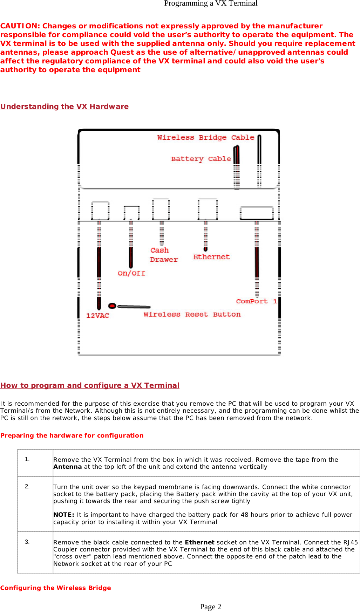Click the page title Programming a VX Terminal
(x=211, y=4)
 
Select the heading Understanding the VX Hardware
(x=64, y=107)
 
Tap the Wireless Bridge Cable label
(x=206, y=138)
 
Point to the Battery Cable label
(x=201, y=159)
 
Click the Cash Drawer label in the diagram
(x=164, y=255)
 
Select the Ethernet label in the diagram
(x=211, y=257)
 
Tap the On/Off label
(x=131, y=273)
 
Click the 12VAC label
(x=97, y=316)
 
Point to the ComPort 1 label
(x=256, y=301)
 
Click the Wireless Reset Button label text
(x=192, y=315)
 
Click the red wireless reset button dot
(x=112, y=306)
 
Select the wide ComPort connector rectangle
(x=257, y=213)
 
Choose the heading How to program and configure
(x=90, y=385)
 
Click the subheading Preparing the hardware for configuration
(x=72, y=435)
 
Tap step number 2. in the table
(x=27, y=487)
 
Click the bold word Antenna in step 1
(x=67, y=467)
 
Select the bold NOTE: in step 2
(x=63, y=515)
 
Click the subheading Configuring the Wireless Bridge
(x=55, y=588)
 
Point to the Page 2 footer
(x=210, y=607)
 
